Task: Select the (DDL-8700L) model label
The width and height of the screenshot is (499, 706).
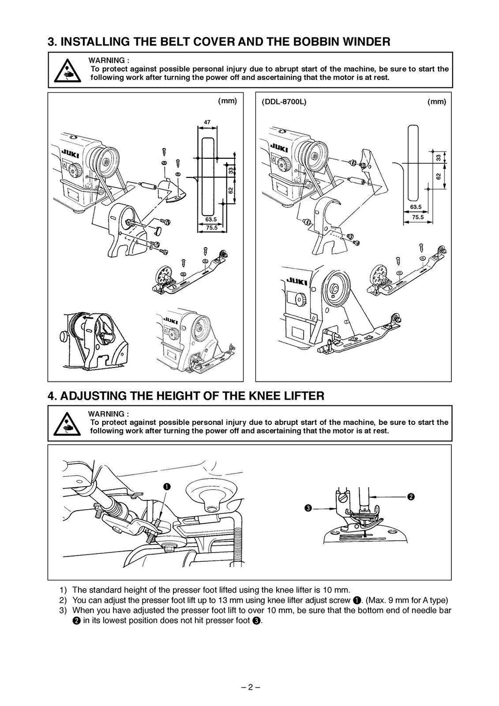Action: click(284, 102)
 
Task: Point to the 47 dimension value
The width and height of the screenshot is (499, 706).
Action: click(207, 122)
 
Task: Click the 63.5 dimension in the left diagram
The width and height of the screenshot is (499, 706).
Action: click(211, 219)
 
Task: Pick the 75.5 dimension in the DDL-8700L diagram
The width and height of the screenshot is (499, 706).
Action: click(418, 218)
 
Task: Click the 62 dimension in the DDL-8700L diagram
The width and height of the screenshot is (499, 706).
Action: click(438, 176)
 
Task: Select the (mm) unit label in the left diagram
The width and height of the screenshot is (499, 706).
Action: click(227, 101)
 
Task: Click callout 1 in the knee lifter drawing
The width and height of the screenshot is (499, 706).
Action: click(167, 486)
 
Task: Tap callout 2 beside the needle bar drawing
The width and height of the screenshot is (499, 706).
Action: click(411, 496)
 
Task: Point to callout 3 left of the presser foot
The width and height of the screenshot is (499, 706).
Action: click(308, 509)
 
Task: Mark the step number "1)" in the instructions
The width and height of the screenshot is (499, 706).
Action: click(62, 590)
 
